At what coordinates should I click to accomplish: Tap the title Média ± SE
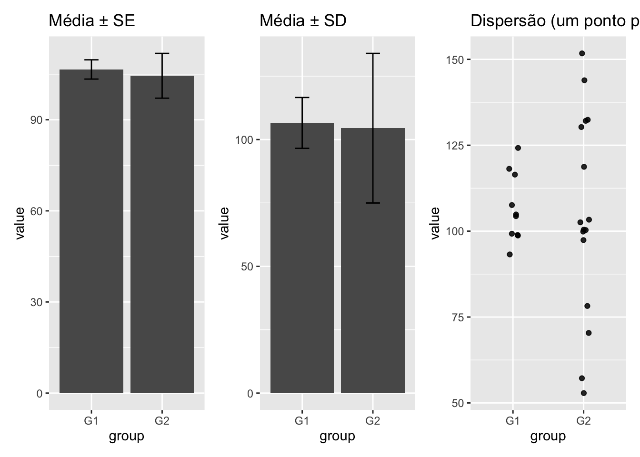point(92,20)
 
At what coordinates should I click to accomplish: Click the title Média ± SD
point(303,20)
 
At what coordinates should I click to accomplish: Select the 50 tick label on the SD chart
point(247,267)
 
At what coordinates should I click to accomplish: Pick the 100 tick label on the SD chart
point(244,140)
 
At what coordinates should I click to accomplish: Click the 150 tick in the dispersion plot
point(455,60)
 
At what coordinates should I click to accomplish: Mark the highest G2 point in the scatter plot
point(582,53)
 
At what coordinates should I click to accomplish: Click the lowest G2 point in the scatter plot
point(584,393)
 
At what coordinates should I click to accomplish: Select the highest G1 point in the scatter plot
point(518,148)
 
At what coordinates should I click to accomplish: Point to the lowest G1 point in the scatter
point(510,254)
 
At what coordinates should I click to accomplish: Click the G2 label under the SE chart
point(162,421)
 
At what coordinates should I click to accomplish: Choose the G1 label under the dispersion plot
point(512,421)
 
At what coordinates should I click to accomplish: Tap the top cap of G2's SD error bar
point(373,53)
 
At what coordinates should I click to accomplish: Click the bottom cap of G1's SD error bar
point(302,149)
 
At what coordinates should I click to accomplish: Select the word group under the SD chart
point(337,436)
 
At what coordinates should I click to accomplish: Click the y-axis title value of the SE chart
point(20,223)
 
